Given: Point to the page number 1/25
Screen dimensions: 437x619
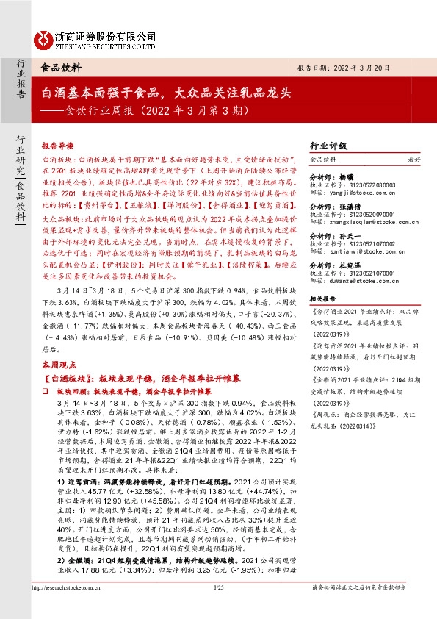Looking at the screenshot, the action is click(218, 608).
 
